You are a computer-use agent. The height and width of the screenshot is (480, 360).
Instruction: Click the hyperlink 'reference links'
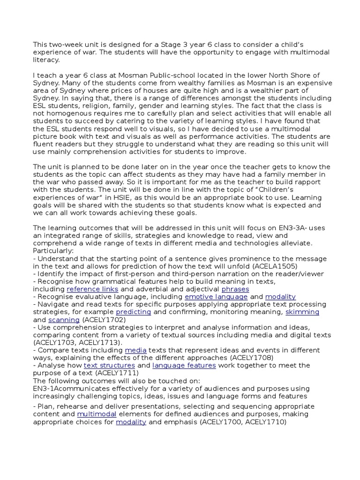[92, 289]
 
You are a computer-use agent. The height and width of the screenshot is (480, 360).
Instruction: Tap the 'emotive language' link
[216, 297]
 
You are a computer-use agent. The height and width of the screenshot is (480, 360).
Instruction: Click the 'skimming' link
[302, 312]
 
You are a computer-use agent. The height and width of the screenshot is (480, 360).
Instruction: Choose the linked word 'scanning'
[64, 320]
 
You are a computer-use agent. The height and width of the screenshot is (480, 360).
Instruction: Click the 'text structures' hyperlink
[109, 365]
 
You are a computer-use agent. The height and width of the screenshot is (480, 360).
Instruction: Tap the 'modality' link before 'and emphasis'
[131, 422]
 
